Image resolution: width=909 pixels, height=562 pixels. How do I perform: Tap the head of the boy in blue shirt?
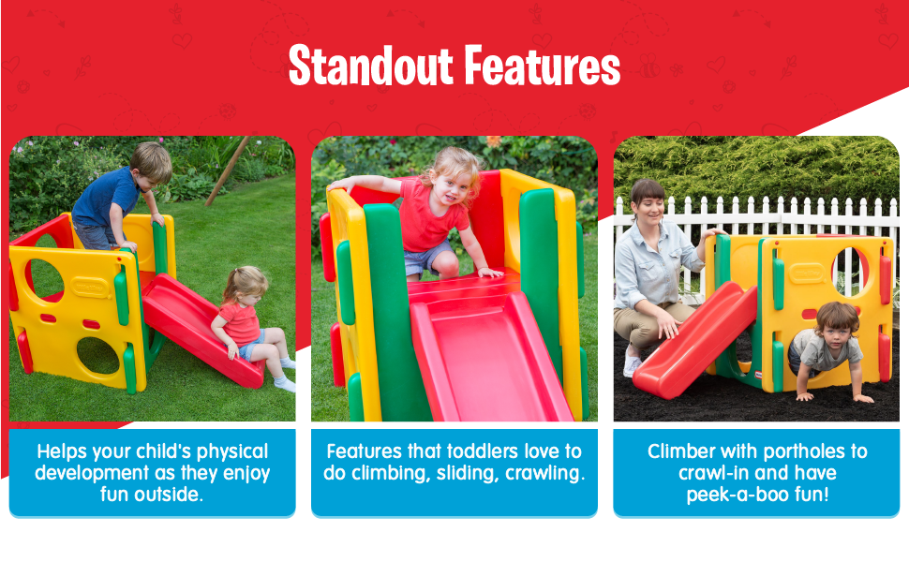point(151,162)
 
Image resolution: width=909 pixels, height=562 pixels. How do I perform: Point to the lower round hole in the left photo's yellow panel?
point(97,355)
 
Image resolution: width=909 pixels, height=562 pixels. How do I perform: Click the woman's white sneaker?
point(633,364)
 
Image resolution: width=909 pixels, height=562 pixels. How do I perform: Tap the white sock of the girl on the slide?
point(284,382)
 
